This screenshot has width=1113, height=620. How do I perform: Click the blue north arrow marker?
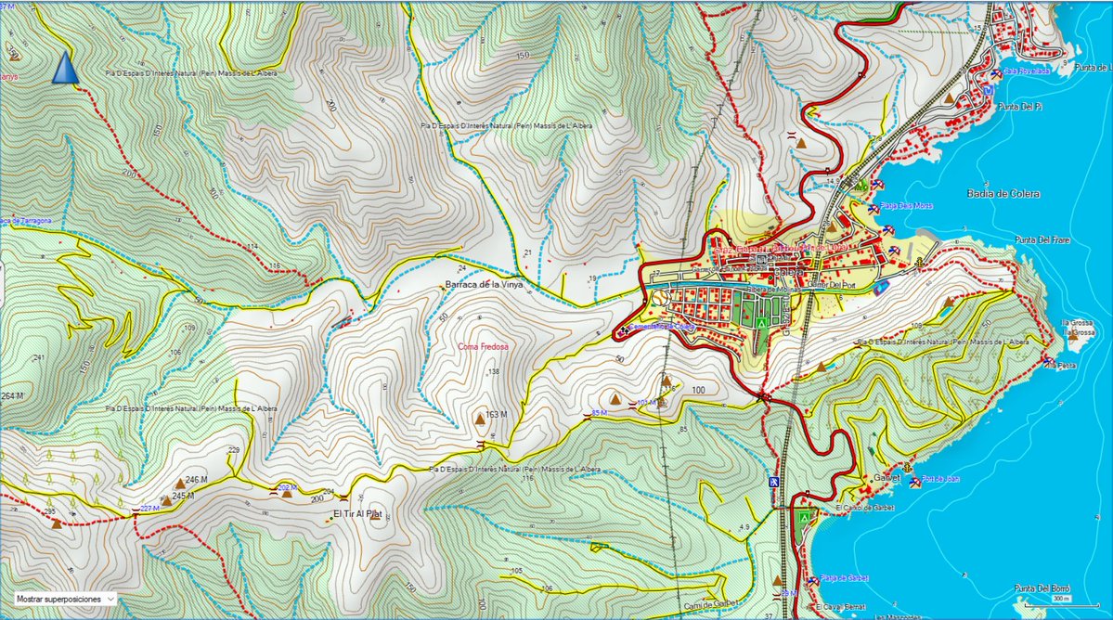64,68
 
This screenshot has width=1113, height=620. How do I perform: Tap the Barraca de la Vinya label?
484,284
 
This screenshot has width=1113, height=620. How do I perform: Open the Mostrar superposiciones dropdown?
64,600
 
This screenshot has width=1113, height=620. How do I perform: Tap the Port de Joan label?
941,481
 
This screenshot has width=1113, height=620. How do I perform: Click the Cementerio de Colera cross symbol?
623,330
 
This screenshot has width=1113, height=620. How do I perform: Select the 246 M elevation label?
196,479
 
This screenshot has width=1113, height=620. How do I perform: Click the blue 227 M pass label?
149,509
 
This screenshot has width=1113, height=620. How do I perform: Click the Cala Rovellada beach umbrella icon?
995,72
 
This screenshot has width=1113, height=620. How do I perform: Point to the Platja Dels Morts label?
905,205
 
